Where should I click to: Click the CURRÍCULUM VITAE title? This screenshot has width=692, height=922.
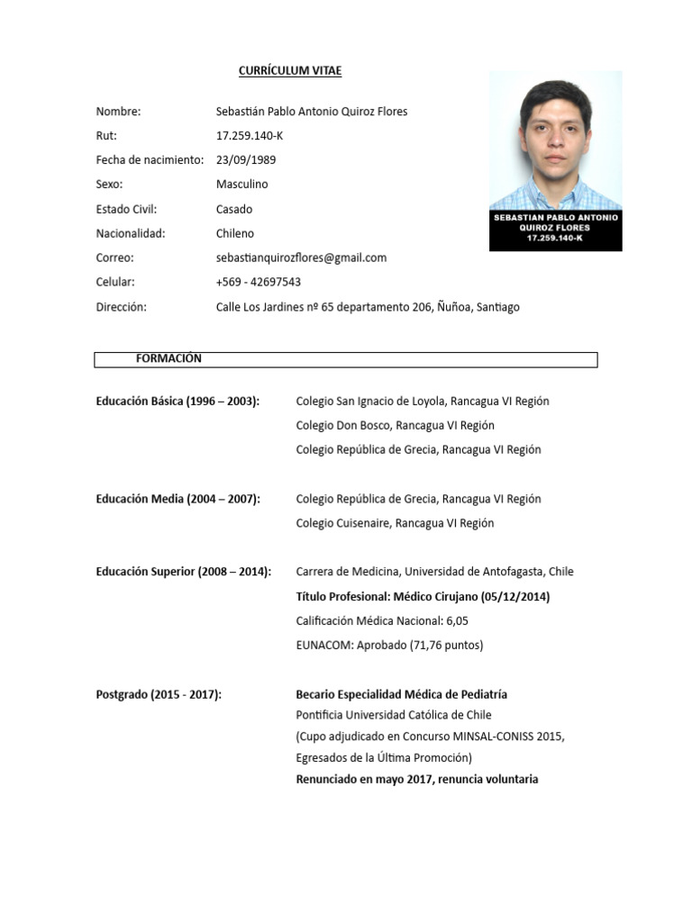click(289, 70)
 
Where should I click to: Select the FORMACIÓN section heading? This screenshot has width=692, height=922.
click(168, 358)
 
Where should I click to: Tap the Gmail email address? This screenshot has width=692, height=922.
click(301, 258)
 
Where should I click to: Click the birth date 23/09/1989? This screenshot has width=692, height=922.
click(246, 160)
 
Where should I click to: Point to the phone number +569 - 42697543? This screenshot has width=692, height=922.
click(259, 282)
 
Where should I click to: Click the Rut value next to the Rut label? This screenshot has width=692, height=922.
click(250, 136)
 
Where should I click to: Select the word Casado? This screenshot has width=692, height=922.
click(234, 209)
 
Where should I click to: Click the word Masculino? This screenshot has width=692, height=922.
click(241, 185)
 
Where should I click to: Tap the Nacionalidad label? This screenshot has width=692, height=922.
click(130, 233)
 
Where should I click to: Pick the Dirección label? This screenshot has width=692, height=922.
click(121, 307)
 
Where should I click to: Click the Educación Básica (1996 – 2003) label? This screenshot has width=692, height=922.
click(178, 402)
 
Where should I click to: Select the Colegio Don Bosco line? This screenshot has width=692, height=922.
click(395, 425)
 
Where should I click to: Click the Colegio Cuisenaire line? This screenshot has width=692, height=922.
click(395, 523)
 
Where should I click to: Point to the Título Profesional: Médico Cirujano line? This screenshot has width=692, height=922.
click(423, 597)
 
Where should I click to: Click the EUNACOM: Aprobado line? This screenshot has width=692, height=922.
click(389, 646)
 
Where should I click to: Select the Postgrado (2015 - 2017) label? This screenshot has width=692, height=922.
click(159, 694)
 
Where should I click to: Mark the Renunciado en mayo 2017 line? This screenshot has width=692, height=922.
click(416, 779)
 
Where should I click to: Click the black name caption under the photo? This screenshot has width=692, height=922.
click(555, 230)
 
